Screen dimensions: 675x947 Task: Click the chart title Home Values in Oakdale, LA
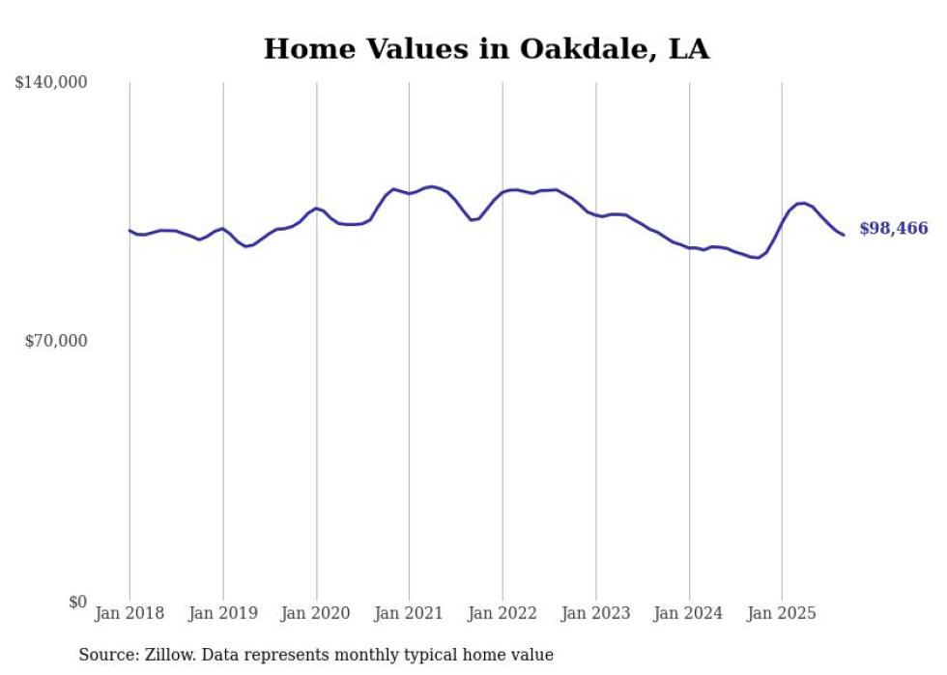486,49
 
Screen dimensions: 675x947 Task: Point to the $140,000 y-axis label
51,83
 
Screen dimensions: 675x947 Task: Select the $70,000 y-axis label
56,341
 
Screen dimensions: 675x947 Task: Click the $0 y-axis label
77,602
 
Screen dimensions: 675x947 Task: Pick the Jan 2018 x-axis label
129,613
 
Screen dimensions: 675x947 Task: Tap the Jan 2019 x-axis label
223,613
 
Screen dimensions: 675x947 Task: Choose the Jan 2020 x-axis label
316,613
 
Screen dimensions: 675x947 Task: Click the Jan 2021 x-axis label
409,613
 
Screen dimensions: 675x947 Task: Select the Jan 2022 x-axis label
502,613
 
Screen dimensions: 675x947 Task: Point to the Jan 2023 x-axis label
595,613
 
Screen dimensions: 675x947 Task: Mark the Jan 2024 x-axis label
689,613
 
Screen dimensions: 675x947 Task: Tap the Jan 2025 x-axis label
782,613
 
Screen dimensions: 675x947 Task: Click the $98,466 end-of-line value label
893,229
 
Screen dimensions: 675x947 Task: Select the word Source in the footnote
107,655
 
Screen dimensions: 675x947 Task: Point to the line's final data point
844,235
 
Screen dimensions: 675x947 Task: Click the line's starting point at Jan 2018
129,230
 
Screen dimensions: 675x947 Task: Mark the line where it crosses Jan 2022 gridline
502,192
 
